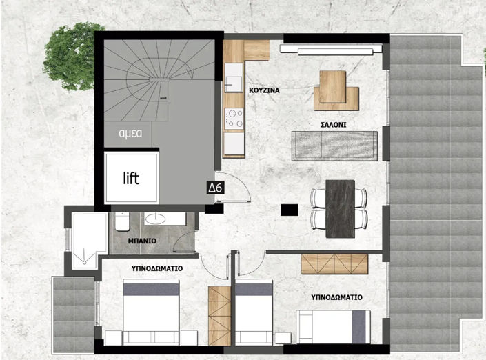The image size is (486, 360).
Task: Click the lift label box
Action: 131,179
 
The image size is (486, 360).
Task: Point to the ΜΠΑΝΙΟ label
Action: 142,241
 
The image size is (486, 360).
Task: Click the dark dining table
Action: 339,205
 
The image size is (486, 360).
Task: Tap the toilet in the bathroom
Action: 122,222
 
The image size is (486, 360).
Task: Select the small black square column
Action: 289,209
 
